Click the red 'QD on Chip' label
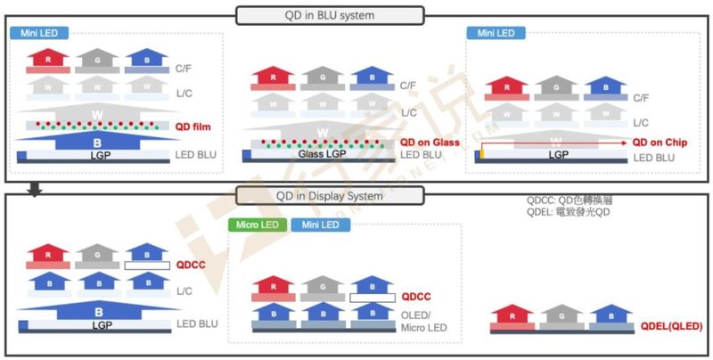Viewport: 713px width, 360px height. (660, 142)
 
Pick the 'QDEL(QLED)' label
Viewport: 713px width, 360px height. (671, 327)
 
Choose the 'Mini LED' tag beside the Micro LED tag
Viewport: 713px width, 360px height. (316, 225)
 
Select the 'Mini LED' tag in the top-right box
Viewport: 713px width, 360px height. (495, 33)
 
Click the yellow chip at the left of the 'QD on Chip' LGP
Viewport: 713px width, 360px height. (482, 154)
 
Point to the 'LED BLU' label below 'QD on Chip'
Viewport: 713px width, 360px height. (654, 159)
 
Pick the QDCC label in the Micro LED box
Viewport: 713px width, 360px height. (416, 296)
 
